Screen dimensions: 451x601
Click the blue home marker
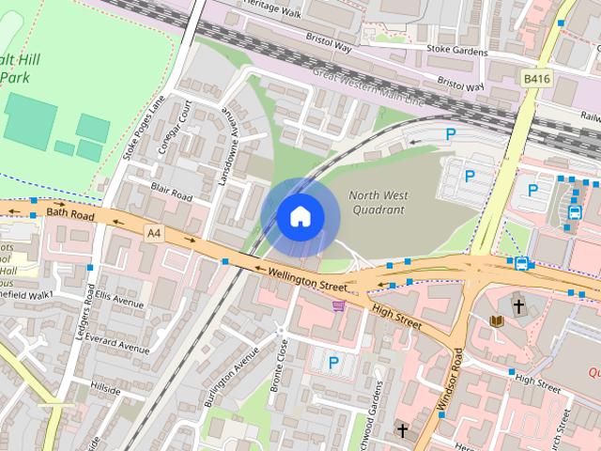[299, 216]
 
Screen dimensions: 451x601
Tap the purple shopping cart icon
[338, 305]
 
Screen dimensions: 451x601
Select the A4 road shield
[153, 230]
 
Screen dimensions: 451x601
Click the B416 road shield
[536, 80]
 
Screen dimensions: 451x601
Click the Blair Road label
[171, 193]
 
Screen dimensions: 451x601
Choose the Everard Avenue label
[116, 343]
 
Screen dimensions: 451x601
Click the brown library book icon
[497, 321]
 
